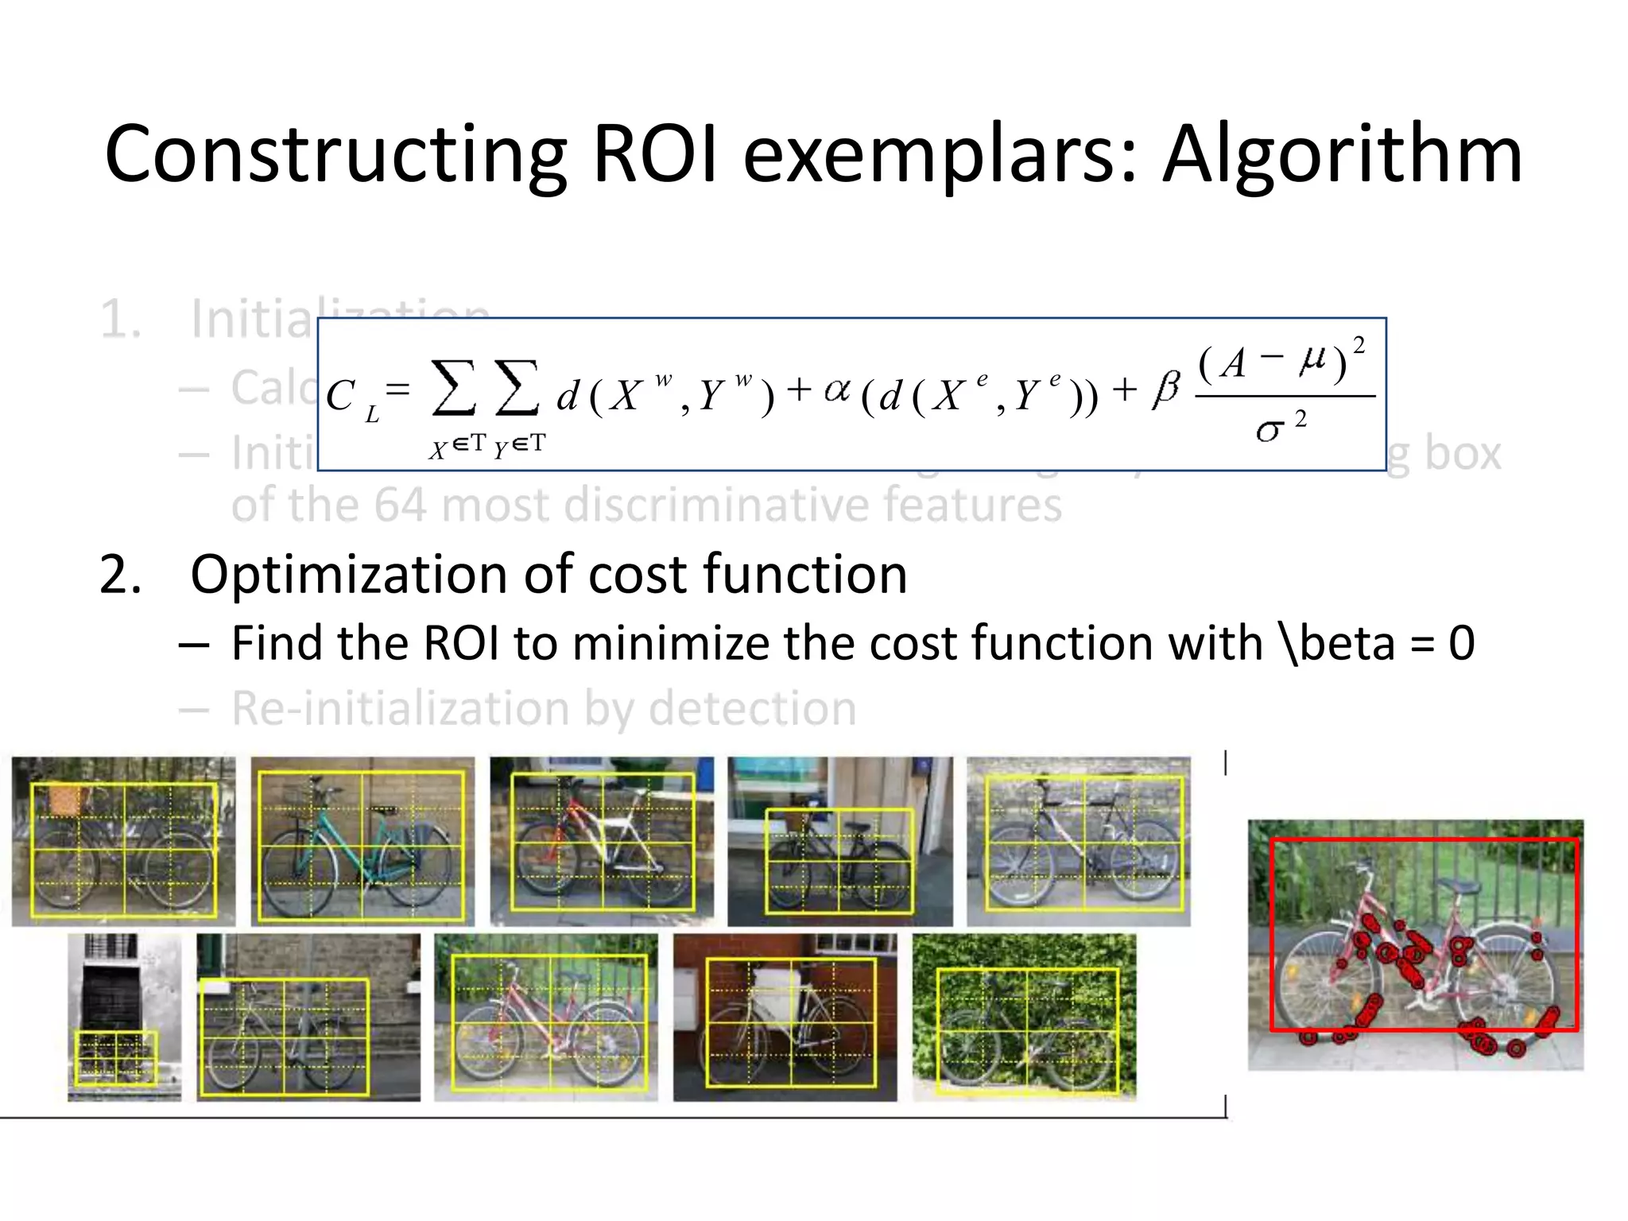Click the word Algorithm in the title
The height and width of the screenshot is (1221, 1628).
click(x=1342, y=155)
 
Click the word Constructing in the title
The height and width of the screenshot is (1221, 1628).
click(x=335, y=155)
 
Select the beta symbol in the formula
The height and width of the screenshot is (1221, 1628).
click(x=1165, y=390)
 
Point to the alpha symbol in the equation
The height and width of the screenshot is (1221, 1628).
click(x=837, y=390)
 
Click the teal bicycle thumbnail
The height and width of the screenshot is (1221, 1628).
click(x=362, y=842)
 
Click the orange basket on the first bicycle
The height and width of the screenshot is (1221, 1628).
click(x=64, y=799)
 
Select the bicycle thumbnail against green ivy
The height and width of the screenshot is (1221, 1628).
click(x=1024, y=1017)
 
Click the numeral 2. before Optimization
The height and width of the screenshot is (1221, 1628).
click(x=121, y=575)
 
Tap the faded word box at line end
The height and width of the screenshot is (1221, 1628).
click(x=1462, y=454)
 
